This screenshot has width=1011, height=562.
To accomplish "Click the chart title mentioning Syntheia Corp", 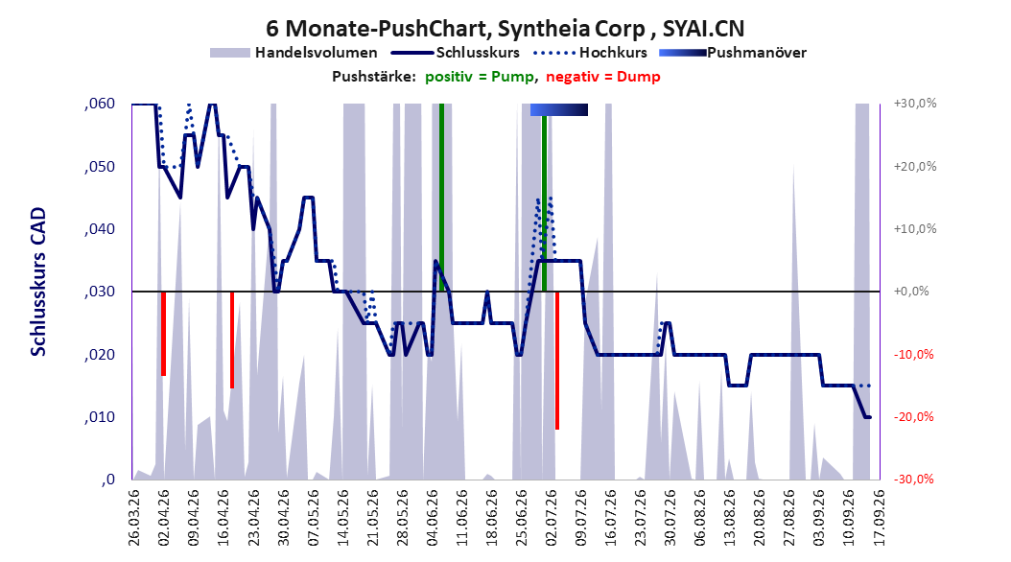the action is coord(505,29).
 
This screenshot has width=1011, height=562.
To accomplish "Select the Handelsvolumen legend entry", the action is coord(294,53).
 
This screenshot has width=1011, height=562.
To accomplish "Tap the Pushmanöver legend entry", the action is coord(733,53).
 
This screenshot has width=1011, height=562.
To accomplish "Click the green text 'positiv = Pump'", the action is coord(479,77).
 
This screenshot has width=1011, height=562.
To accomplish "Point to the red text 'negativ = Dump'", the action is coord(603,77).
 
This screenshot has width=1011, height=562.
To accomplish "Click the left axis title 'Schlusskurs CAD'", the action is coord(38,282).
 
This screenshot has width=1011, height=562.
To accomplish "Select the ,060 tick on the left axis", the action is coord(100,104).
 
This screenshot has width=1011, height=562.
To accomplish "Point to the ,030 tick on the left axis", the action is coord(100,292).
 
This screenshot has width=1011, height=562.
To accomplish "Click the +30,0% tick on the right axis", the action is coord(915,104).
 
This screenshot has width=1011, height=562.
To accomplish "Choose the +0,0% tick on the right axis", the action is coord(911,292).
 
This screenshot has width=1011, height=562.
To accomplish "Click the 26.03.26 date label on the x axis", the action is coord(133,518).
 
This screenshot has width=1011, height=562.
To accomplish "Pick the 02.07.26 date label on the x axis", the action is coord(551,518).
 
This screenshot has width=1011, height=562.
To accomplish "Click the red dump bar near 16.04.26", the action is coord(232,340).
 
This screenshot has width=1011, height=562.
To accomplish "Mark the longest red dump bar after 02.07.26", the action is coord(557,361).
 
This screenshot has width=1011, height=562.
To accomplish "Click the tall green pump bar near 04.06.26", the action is coord(441,198).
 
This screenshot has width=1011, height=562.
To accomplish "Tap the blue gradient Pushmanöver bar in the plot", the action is coord(559,109).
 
